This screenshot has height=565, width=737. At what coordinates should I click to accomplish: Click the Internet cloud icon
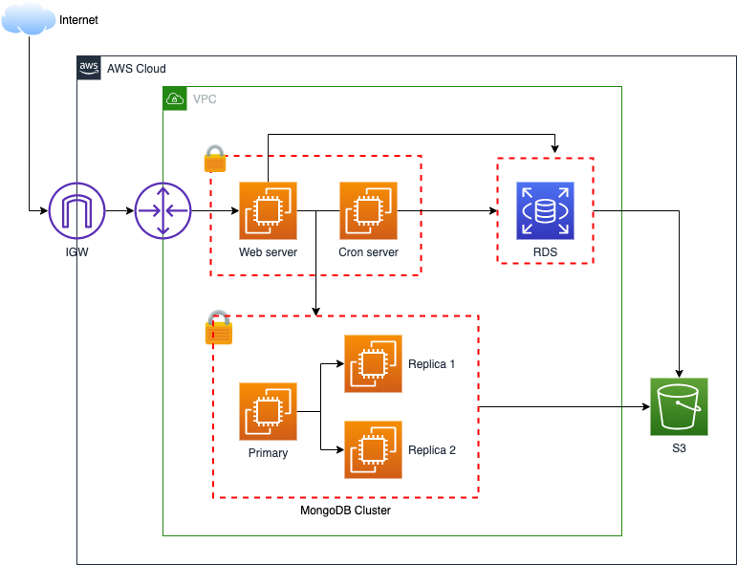[29, 18]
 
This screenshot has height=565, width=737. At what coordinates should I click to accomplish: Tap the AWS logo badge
[89, 68]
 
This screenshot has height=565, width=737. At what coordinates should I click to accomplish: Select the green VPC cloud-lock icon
[174, 98]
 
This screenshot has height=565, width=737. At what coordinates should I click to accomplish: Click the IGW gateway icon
[77, 210]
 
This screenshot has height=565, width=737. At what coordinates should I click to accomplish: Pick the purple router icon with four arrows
[163, 210]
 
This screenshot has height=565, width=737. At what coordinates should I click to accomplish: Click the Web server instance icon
[268, 210]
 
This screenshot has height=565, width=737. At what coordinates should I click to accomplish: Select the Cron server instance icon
[368, 210]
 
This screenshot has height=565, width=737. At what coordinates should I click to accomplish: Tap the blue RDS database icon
[545, 210]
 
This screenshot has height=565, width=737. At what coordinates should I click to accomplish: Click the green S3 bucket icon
[679, 406]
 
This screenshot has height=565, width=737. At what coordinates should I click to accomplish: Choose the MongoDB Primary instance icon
[268, 411]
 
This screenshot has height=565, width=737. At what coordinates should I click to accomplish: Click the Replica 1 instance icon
[373, 363]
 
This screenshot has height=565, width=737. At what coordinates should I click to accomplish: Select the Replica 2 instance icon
[373, 449]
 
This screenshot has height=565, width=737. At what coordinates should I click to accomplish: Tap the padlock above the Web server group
[215, 159]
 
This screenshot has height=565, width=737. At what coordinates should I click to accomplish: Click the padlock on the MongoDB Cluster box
[219, 328]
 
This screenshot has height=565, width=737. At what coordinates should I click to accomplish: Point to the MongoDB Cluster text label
[345, 511]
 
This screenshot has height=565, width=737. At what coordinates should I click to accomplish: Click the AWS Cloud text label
[136, 69]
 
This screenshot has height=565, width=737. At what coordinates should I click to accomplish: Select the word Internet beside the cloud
[78, 20]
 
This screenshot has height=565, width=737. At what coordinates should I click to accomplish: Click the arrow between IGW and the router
[119, 210]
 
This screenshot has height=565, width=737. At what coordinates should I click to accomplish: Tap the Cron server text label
[368, 252]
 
